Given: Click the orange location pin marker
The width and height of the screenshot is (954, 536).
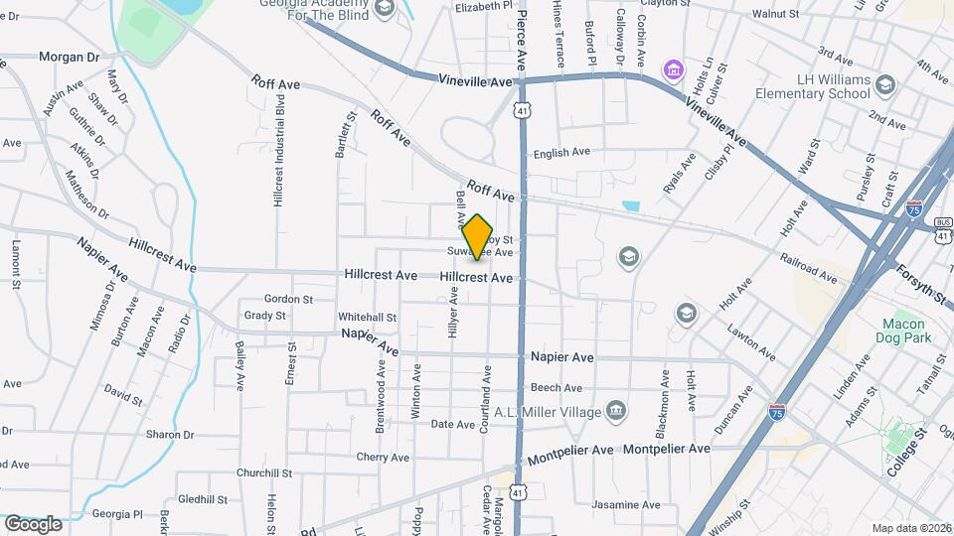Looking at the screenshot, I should click(x=478, y=237).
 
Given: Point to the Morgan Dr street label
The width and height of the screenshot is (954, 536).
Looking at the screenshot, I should click(x=70, y=57).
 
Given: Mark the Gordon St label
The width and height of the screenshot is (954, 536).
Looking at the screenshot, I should click(x=288, y=299).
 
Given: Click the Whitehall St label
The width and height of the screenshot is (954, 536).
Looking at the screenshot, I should click(x=367, y=318).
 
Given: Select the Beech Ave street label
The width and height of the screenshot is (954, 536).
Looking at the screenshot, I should click(x=556, y=388).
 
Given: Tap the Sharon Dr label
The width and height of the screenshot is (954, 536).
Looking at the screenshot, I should click(x=170, y=435).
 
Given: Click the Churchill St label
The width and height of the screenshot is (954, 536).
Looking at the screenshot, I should click(x=261, y=473).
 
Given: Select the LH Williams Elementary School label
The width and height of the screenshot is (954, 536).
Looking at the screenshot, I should click(x=820, y=88).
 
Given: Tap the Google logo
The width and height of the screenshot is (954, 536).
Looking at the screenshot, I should click(x=32, y=524).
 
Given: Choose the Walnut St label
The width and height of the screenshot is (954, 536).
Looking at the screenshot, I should click(x=775, y=14).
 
